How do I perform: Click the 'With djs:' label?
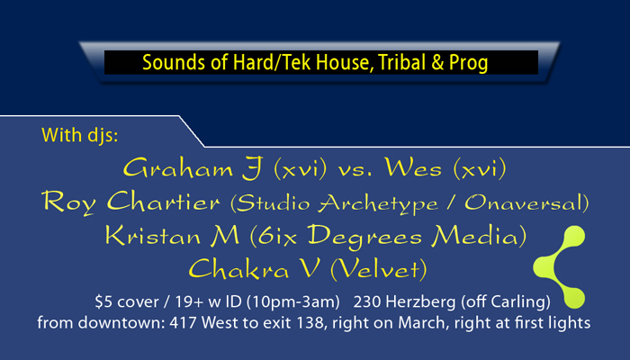[x=79, y=135]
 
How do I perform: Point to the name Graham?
[x=177, y=168]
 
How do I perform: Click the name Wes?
[x=413, y=167]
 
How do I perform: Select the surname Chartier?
[x=164, y=201]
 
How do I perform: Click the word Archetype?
[x=379, y=203]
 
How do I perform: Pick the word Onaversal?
[x=524, y=202]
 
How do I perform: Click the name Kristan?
[x=153, y=235]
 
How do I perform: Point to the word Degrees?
[x=364, y=237]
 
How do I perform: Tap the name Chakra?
[x=238, y=268]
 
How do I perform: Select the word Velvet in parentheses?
[x=380, y=269]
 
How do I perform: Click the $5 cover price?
[x=127, y=301]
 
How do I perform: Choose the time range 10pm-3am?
[x=293, y=302]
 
